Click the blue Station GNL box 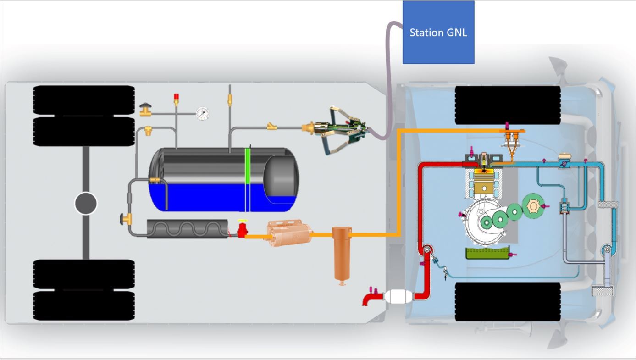(x=438, y=32)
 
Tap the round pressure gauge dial (x=202, y=114)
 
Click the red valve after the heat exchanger (x=242, y=228)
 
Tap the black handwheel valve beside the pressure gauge (x=146, y=108)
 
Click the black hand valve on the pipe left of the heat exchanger (x=123, y=219)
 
